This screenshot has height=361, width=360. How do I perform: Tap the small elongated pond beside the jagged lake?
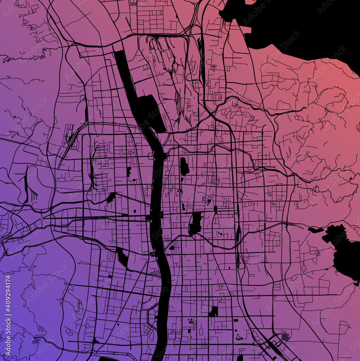pos(316,230)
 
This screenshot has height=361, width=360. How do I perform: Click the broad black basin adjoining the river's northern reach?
pos(152,112)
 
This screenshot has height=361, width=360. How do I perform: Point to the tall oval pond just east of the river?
pos(184,166)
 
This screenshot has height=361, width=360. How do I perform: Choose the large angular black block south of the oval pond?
pos(196,223)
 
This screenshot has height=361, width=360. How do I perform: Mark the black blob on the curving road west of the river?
pos(111,197)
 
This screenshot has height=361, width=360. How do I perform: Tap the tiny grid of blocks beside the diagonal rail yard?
pos(286,336)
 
